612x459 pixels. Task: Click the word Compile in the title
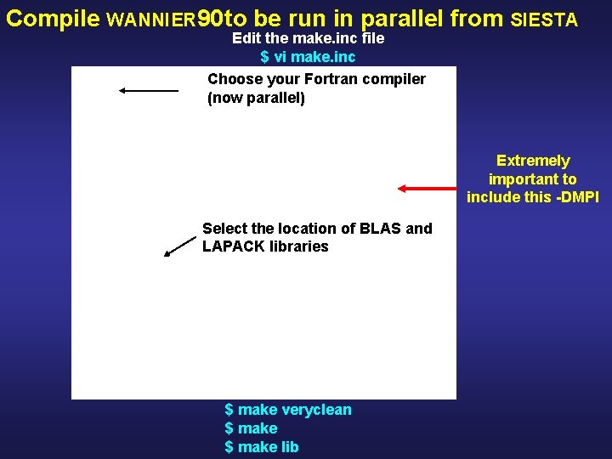click(x=54, y=19)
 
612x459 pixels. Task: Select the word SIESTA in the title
click(x=545, y=20)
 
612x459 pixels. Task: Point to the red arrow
click(x=430, y=189)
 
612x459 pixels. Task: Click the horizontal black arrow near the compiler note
click(x=149, y=90)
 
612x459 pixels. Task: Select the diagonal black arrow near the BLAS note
click(x=179, y=246)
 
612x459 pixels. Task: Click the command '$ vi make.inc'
click(x=308, y=57)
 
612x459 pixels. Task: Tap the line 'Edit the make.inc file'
click(x=308, y=38)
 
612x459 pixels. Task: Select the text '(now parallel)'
click(x=256, y=98)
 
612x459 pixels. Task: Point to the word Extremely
click(x=533, y=161)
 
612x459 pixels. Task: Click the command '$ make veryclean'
click(x=287, y=410)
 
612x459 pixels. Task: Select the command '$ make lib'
click(x=261, y=447)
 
